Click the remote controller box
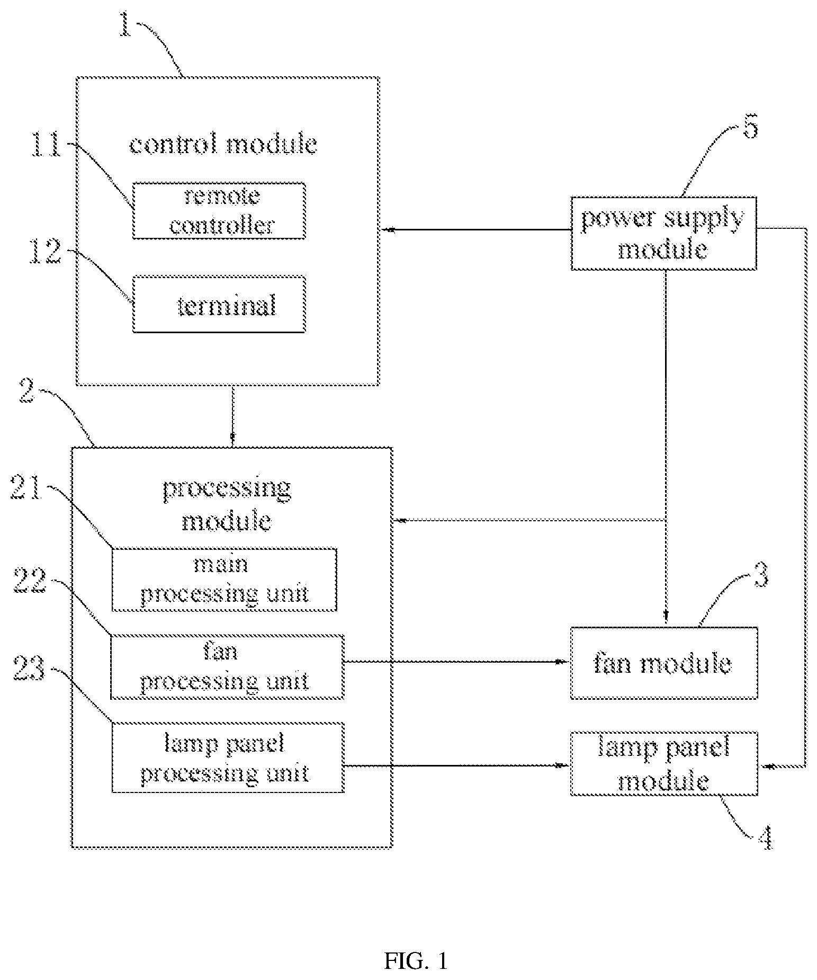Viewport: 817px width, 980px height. coord(219,211)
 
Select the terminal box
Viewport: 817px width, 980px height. coord(219,304)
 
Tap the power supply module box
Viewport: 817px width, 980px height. coord(663,234)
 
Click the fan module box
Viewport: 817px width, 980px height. coord(664,663)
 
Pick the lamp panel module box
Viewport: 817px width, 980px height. coord(664,763)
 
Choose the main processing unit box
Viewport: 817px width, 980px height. coord(224,580)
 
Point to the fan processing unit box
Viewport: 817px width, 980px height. coord(227,666)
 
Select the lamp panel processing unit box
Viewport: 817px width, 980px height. coord(228,758)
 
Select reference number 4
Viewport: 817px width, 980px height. coord(764,838)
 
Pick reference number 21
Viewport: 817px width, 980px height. coord(26,487)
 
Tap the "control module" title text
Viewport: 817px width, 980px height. coord(223,144)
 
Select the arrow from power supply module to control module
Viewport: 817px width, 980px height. coord(475,230)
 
